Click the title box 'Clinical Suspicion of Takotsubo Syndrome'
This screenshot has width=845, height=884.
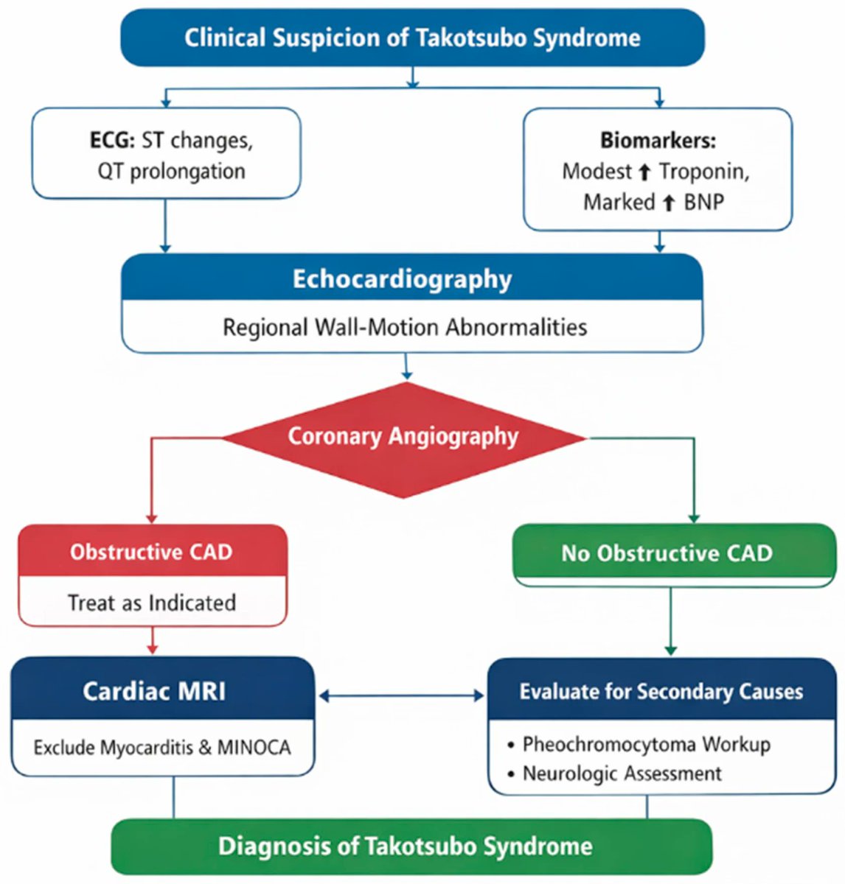pos(412,38)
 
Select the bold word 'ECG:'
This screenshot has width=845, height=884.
pos(113,141)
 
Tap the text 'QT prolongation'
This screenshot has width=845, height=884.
pos(171,171)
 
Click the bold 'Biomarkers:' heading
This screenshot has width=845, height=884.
pos(657,140)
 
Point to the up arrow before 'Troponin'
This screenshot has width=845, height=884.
pos(644,172)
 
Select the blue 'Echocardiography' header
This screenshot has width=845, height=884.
pos(402,279)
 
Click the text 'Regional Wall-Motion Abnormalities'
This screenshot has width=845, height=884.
pos(405,326)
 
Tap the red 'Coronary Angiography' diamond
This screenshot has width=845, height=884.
pos(403,437)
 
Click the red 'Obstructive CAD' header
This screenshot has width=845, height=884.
pos(151,552)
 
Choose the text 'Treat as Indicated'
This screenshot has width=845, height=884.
pos(152,603)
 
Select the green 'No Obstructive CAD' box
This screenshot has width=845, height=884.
pos(667,553)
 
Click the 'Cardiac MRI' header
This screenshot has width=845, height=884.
pos(154,691)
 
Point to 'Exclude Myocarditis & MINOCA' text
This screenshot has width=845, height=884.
pos(162,748)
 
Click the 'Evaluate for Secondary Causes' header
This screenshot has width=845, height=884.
pos(661,692)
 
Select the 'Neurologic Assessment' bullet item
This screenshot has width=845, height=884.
pos(622,773)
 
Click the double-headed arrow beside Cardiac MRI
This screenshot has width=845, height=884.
pos(401,695)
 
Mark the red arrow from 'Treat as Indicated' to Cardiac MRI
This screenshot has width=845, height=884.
pos(153,641)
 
